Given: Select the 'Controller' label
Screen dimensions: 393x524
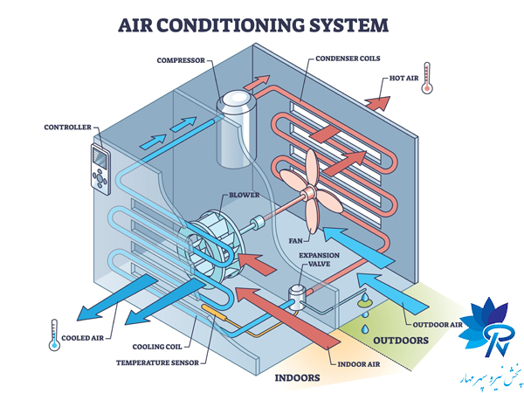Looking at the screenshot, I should [67, 128].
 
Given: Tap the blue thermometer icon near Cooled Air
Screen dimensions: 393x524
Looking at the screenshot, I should [54, 333].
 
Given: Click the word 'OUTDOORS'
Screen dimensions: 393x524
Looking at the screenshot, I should [402, 340].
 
